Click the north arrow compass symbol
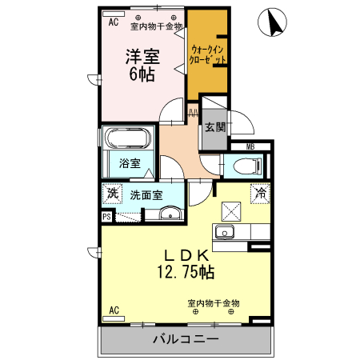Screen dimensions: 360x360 pyautogui.click(x=272, y=22)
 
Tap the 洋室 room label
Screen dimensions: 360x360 pyautogui.click(x=142, y=57)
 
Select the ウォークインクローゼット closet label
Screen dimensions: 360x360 pyautogui.click(x=207, y=54)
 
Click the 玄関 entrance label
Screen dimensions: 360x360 pyautogui.click(x=215, y=127)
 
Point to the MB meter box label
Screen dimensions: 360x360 pyautogui.click(x=250, y=146)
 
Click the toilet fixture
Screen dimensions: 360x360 pyautogui.click(x=247, y=166)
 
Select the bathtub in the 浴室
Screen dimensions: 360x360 pyautogui.click(x=129, y=138)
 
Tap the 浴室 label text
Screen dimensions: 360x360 pyautogui.click(x=130, y=163)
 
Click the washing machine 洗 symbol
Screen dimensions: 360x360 pyautogui.click(x=113, y=194)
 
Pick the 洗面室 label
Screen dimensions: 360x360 pyautogui.click(x=146, y=195)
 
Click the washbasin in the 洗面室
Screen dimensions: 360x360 pyautogui.click(x=170, y=214)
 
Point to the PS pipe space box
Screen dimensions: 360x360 pyautogui.click(x=107, y=216)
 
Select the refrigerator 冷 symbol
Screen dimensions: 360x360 pyautogui.click(x=260, y=194)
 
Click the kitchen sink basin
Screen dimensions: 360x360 pyautogui.click(x=225, y=232)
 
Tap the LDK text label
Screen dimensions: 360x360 pyautogui.click(x=186, y=256)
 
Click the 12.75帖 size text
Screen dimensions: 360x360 pyautogui.click(x=186, y=272)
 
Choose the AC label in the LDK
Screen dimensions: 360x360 pyautogui.click(x=114, y=310)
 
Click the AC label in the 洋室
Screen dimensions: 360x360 pyautogui.click(x=114, y=22)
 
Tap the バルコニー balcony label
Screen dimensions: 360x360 pyautogui.click(x=186, y=339)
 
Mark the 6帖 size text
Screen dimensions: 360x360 pyautogui.click(x=142, y=74)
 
